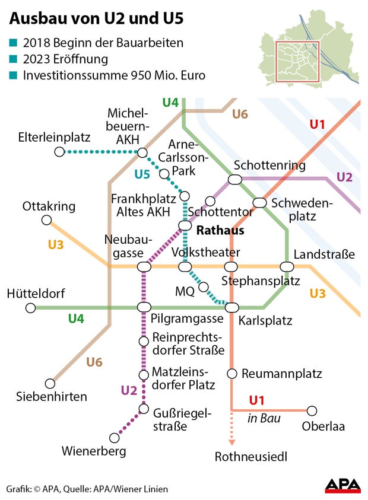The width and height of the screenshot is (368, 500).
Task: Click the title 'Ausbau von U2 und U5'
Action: click(x=96, y=19)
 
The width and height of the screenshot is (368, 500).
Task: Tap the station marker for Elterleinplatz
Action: click(x=59, y=152)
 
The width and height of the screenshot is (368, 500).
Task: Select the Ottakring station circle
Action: click(x=46, y=221)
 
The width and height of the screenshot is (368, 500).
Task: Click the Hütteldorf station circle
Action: click(x=31, y=307)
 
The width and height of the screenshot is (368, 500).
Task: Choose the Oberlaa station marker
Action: click(x=312, y=410)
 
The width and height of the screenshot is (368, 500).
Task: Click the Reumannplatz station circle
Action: click(x=232, y=374)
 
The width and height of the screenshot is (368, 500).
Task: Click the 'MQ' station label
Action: click(x=185, y=292)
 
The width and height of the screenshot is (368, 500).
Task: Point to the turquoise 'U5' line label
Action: click(x=142, y=174)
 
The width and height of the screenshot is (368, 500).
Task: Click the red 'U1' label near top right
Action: click(x=318, y=125)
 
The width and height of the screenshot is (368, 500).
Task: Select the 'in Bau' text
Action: click(x=264, y=419)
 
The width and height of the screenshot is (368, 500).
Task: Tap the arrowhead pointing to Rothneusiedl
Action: click(x=232, y=442)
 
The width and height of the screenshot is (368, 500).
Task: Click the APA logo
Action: click(x=342, y=485)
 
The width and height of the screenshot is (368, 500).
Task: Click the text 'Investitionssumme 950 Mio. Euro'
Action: click(x=114, y=76)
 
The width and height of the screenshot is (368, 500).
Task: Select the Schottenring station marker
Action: click(x=235, y=179)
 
